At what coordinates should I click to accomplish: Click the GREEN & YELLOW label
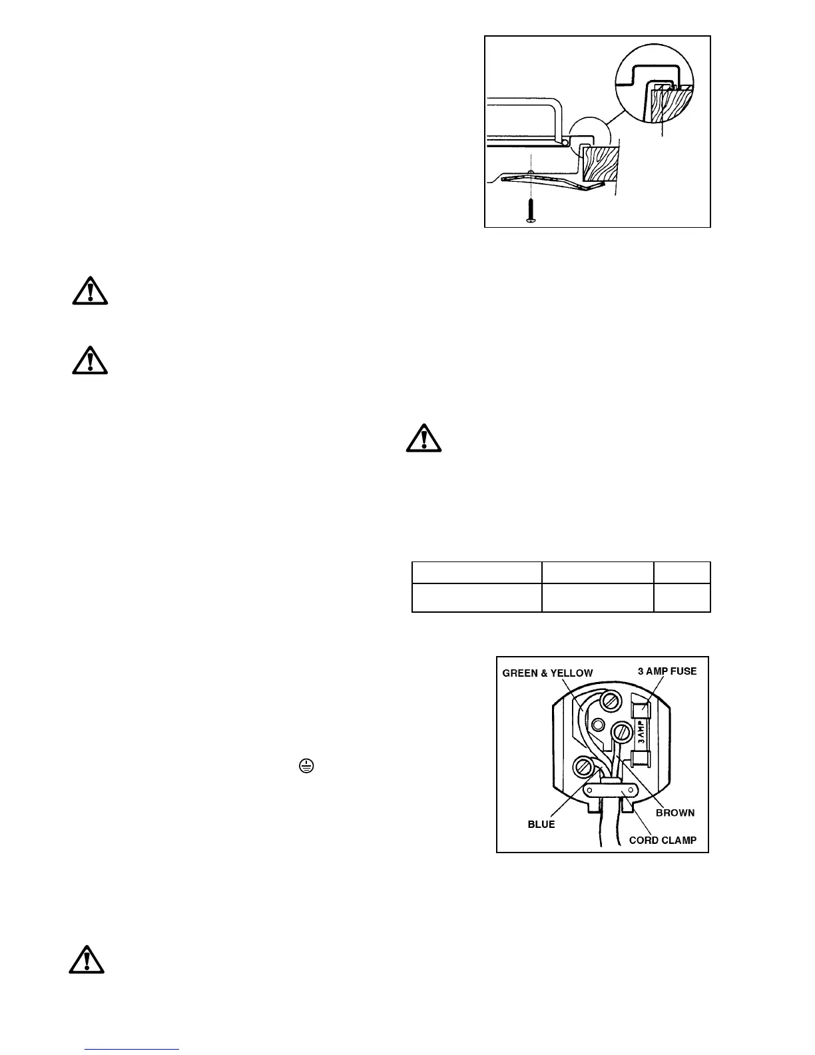[x=547, y=673]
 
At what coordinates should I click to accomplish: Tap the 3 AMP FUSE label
[x=667, y=671]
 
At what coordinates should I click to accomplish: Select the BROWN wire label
[x=675, y=813]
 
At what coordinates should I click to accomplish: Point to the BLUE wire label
[x=541, y=824]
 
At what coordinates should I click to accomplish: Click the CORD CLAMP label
[x=663, y=840]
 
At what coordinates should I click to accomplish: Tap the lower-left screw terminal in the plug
[x=581, y=767]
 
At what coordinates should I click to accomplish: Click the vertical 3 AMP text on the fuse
[x=642, y=731]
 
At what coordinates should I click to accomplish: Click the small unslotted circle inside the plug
[x=598, y=724]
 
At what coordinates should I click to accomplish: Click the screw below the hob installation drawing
[x=531, y=211]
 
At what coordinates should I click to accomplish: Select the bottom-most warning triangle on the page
[x=87, y=958]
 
